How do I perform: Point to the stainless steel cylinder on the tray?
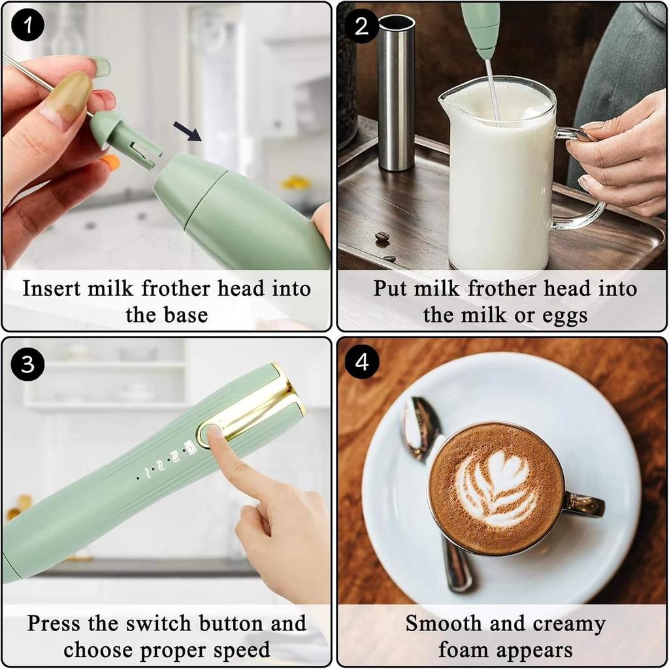(x=396, y=91)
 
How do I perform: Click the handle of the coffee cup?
(x=583, y=505)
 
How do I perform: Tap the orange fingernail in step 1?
(x=111, y=162)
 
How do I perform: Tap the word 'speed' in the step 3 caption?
(x=239, y=650)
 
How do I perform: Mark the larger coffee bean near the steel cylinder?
(x=382, y=237)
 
